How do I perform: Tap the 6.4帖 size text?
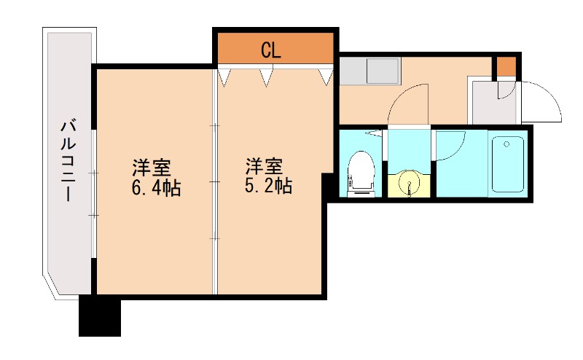tap(156, 188)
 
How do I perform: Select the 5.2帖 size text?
tap(268, 186)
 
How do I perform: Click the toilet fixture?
tap(360, 173)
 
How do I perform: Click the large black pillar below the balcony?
tap(99, 316)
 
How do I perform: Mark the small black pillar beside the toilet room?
tap(329, 187)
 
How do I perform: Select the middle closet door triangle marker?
tap(266, 76)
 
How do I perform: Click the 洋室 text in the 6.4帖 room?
tap(151, 167)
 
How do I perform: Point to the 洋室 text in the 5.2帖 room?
tap(263, 165)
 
